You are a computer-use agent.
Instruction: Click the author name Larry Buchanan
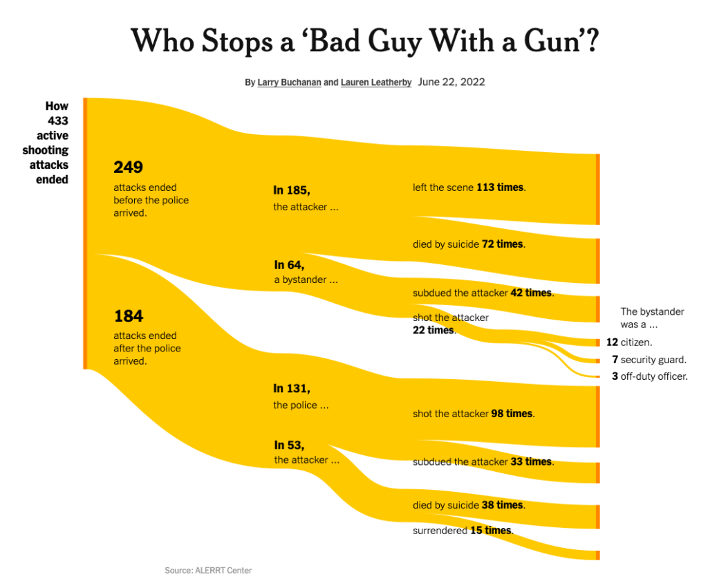point(289,82)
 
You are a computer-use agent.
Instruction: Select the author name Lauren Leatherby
point(375,82)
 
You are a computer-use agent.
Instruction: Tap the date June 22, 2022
point(451,82)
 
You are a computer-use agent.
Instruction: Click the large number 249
point(128,167)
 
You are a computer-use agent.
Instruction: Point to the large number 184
point(128,316)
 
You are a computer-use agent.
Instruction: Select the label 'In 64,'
point(289,265)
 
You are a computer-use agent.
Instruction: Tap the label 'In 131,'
point(292,389)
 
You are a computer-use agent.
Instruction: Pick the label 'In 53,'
point(289,445)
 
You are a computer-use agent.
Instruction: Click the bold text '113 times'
point(501,187)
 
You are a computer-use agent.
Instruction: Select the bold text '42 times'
point(531,293)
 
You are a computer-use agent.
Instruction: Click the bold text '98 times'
point(512,414)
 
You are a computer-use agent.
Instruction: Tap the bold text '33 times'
point(531,461)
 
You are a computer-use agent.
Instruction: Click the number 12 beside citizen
point(612,342)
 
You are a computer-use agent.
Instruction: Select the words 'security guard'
point(653,360)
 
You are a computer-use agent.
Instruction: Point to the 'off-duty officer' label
point(653,377)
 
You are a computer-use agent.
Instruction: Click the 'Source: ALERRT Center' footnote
point(208,571)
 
